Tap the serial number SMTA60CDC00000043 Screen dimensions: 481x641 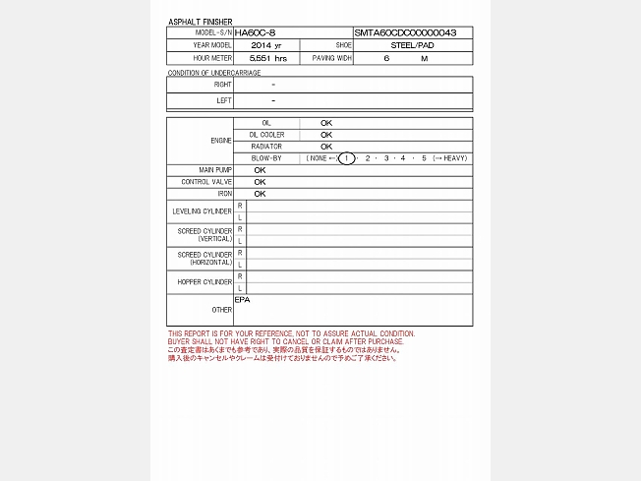click(x=405, y=32)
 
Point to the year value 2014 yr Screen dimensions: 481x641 click(x=265, y=45)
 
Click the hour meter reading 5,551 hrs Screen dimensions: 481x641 click(x=267, y=59)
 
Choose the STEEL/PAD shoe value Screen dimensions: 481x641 click(x=412, y=45)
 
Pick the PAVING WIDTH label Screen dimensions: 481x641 click(x=331, y=59)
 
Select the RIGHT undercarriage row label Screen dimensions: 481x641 click(x=222, y=85)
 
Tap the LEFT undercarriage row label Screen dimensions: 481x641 click(x=223, y=100)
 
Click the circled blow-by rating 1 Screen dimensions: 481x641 click(x=346, y=158)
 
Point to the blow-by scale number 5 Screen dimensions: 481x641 click(x=424, y=158)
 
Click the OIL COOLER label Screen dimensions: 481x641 click(x=266, y=135)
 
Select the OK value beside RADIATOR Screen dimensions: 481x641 click(x=326, y=147)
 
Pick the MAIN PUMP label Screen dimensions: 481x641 click(x=214, y=170)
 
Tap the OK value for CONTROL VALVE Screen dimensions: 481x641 click(x=260, y=182)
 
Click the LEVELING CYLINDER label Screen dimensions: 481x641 click(x=202, y=211)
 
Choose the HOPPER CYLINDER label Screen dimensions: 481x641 click(x=204, y=282)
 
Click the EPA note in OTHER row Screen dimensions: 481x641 click(x=242, y=299)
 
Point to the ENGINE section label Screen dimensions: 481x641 click(x=221, y=141)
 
